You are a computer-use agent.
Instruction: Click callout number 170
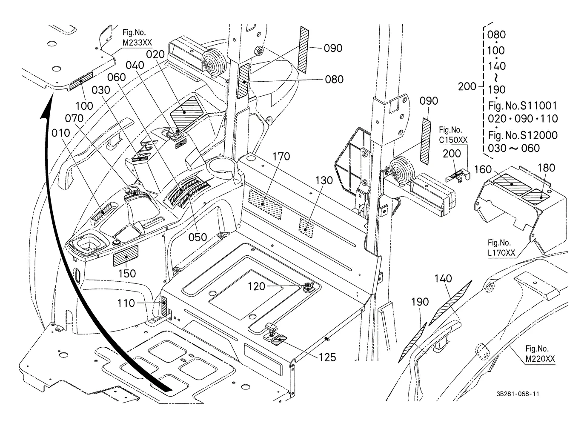coord(281,157)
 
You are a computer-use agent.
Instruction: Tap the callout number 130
coord(324,180)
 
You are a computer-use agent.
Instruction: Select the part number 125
coord(327,357)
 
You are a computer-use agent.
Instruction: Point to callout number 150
coord(127,274)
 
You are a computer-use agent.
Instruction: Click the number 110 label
coord(126,303)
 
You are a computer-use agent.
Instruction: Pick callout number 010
coord(61,133)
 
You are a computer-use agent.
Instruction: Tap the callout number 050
coord(198,237)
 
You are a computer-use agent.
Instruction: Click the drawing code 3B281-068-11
coord(518,394)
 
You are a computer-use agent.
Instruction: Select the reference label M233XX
coord(137,43)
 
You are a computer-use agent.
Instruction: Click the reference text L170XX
coord(501,253)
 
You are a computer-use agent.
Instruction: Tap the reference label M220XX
coord(540,359)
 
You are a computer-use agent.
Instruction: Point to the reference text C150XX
coord(453,140)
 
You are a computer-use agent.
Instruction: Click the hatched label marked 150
coord(126,256)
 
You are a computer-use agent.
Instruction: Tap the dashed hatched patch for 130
coord(306,229)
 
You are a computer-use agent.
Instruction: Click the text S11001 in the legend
coord(538,106)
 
